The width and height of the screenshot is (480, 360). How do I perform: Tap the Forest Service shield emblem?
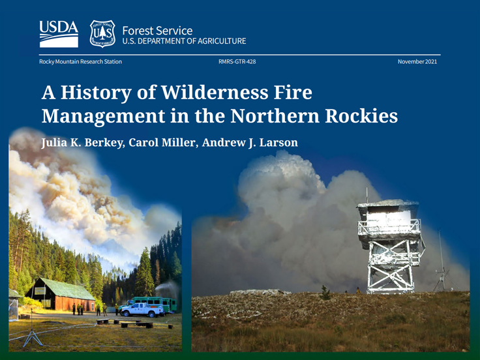pos(102,33)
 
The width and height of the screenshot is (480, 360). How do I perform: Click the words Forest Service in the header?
pos(157,30)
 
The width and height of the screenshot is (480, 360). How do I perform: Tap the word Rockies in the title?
pos(361,117)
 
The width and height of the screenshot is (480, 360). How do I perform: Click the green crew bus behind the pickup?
pos(157,303)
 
